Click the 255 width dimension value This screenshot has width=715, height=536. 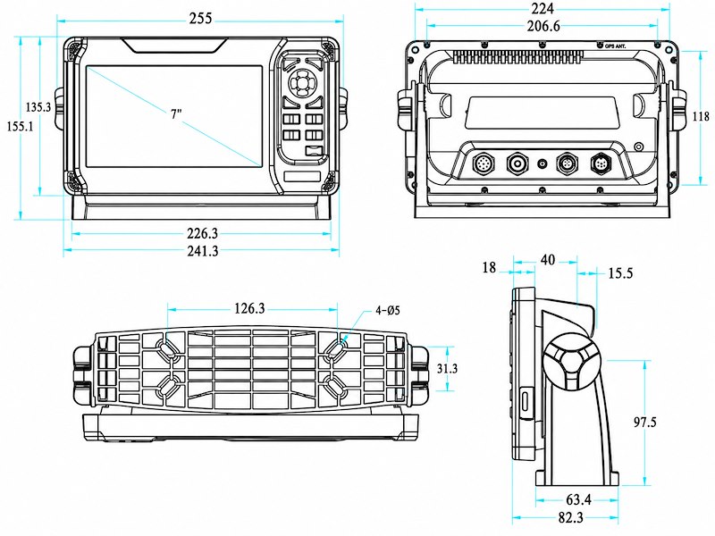pos(201,18)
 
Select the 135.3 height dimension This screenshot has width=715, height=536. pos(38,107)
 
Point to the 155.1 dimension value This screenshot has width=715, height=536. pos(20,126)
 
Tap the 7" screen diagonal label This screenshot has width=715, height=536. pos(176,114)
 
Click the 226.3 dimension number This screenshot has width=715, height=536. pos(203,233)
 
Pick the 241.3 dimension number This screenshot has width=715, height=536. pos(203,250)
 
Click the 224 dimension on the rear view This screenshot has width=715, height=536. pos(543,8)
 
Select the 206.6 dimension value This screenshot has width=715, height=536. pos(543,26)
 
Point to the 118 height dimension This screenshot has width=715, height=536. pos(701,116)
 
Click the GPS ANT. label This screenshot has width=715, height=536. pos(615,46)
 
